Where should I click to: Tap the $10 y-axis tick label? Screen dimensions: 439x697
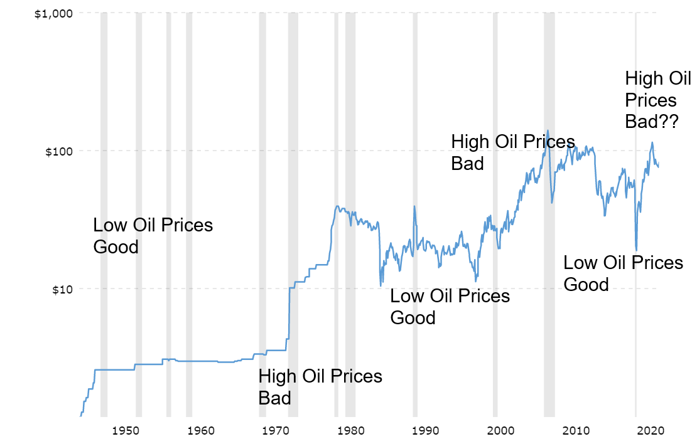[59, 289]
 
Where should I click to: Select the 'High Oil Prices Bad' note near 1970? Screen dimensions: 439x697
[320, 387]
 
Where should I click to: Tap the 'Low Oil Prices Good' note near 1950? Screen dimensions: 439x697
[153, 236]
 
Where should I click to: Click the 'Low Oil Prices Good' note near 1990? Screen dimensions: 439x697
[450, 307]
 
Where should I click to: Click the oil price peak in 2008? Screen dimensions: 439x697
[548, 130]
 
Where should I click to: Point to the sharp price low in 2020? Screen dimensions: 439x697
[636, 250]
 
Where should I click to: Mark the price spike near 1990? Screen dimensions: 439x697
[414, 206]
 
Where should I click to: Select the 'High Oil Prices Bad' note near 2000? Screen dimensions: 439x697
[513, 152]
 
